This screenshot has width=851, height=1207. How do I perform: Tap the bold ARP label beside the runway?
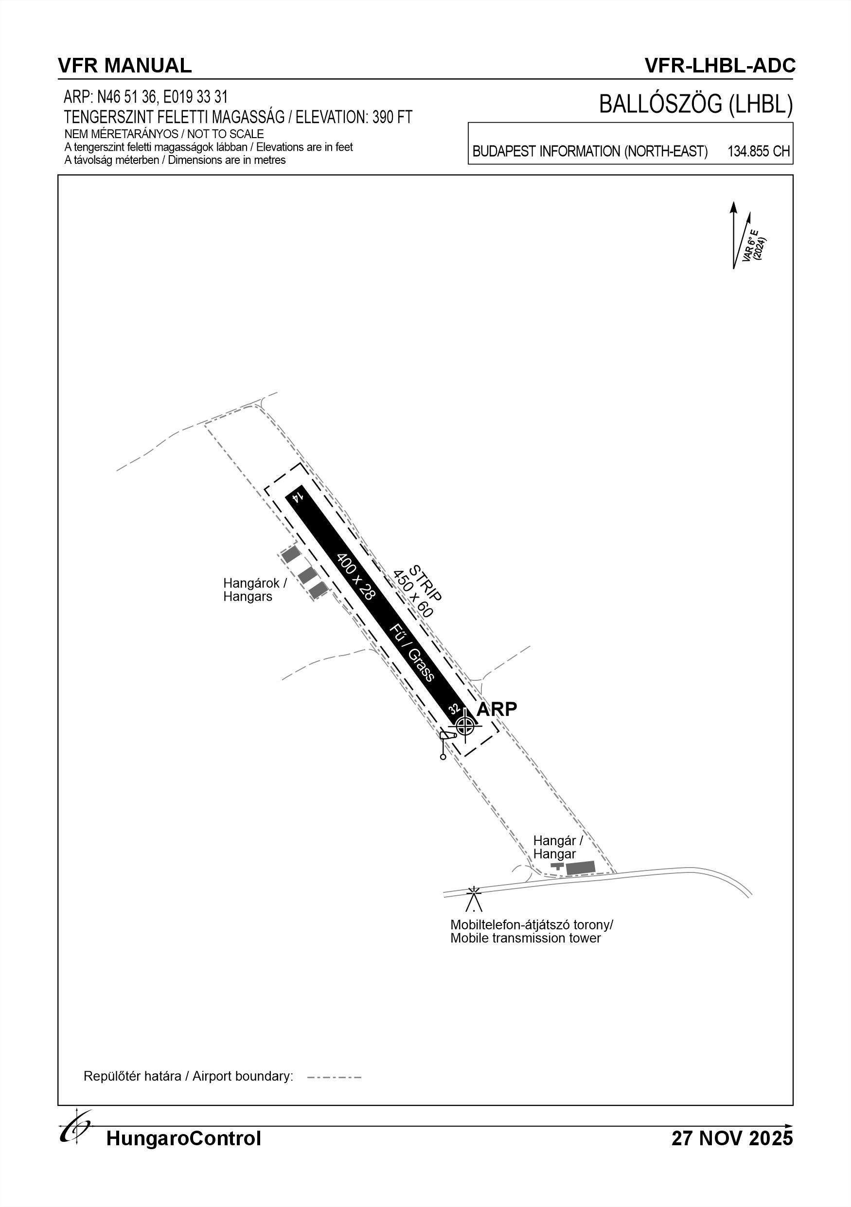point(496,709)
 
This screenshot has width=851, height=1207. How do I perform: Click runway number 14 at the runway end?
point(298,497)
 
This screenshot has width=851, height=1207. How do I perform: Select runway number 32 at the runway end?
point(454,710)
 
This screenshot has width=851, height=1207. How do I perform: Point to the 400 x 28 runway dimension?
point(356,577)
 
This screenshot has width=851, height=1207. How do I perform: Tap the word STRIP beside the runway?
point(426,583)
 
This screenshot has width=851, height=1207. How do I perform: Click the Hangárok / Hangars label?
point(255,589)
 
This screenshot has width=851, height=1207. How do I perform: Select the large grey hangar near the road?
point(580,868)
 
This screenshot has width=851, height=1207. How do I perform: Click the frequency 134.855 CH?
point(759,151)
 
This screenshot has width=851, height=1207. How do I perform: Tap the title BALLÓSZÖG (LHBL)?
point(695,105)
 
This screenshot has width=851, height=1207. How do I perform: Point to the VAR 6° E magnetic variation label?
point(754,245)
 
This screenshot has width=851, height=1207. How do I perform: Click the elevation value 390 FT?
point(392,117)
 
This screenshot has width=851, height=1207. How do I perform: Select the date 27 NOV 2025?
point(732,1138)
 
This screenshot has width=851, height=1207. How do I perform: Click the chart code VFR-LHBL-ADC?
point(720,66)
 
